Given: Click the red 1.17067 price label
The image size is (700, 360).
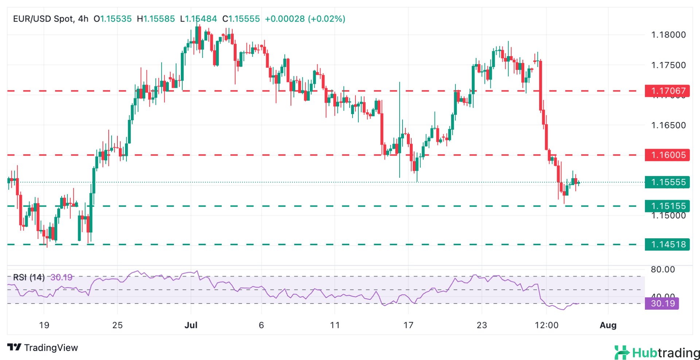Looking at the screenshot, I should (667, 91).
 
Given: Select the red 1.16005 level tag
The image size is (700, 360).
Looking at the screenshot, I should (667, 155).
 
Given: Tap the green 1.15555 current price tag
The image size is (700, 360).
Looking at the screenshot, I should (667, 182).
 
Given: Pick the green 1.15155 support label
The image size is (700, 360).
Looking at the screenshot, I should (667, 206).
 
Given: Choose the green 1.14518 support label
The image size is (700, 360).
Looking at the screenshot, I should (667, 244).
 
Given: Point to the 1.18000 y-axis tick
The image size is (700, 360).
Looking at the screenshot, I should (668, 35).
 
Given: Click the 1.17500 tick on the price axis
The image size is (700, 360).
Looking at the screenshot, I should (668, 65).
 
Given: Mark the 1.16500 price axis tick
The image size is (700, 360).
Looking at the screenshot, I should (668, 125).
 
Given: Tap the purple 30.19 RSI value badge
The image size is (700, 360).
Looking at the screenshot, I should (662, 304).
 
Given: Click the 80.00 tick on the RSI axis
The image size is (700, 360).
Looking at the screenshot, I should (663, 270).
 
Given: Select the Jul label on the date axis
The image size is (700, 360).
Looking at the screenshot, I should (191, 325).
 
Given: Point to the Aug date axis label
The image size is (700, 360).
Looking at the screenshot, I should (608, 325).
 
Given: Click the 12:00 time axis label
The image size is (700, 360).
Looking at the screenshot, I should (547, 325).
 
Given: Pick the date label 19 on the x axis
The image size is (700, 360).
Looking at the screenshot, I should (44, 325).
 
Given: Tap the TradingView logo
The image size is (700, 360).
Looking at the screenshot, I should (43, 348).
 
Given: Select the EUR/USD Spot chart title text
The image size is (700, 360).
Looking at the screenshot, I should (44, 19).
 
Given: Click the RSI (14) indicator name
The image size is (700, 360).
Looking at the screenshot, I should (29, 277).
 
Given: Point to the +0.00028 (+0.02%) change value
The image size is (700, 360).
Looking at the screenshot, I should (305, 19).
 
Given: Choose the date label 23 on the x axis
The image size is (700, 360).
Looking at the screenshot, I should (482, 325).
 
